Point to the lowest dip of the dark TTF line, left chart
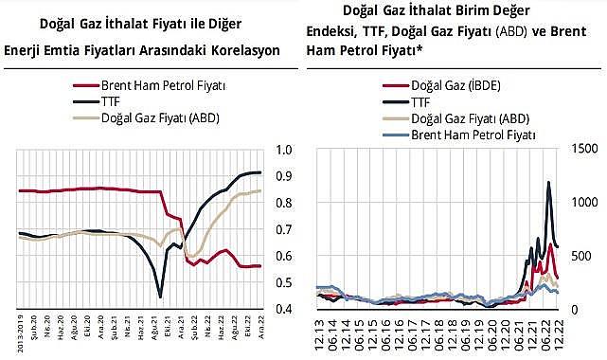(x=160, y=297)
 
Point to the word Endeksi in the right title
(x=335, y=29)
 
